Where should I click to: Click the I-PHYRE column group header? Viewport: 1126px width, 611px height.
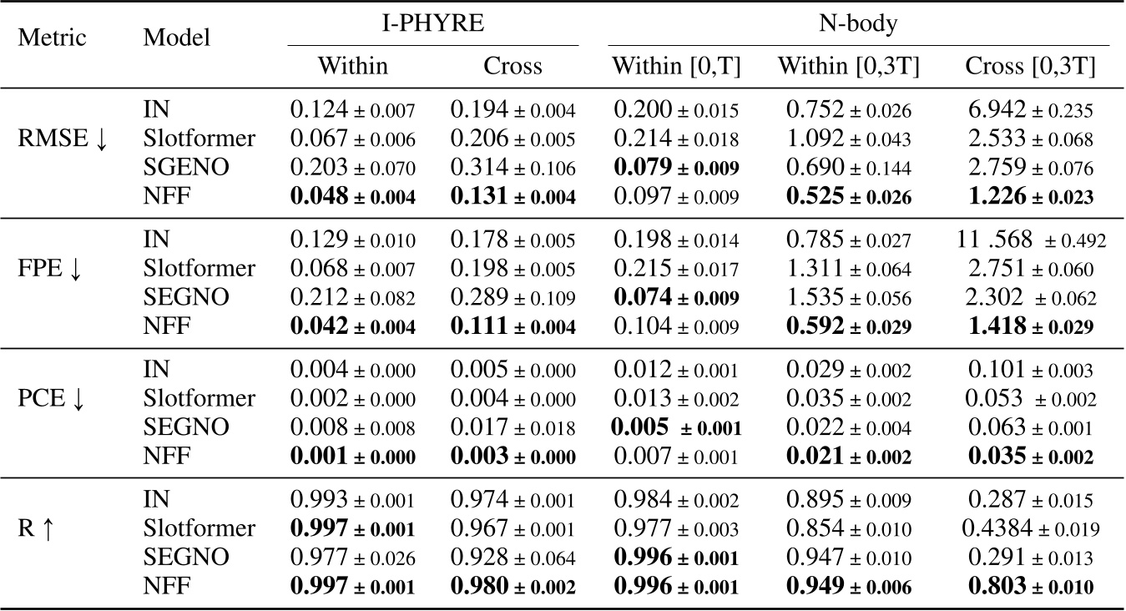(x=433, y=23)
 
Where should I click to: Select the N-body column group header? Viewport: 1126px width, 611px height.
(x=858, y=23)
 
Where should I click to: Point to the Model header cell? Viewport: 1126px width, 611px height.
(x=176, y=38)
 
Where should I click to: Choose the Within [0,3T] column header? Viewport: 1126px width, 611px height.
(x=849, y=66)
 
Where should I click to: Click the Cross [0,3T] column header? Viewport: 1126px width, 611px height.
(x=1031, y=66)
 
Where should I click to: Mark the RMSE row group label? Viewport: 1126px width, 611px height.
(x=63, y=139)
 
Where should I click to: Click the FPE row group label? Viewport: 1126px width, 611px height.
(x=57, y=269)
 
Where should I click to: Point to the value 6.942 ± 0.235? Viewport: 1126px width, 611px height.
(x=1031, y=110)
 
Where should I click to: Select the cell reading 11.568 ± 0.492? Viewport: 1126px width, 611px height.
(x=1031, y=240)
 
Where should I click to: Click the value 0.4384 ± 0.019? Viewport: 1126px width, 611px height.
(x=1031, y=528)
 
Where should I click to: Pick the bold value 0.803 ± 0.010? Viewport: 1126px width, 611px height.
(x=1031, y=586)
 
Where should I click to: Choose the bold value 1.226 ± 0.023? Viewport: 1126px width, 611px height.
(x=1031, y=195)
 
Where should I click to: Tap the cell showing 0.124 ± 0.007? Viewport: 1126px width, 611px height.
(x=352, y=110)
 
